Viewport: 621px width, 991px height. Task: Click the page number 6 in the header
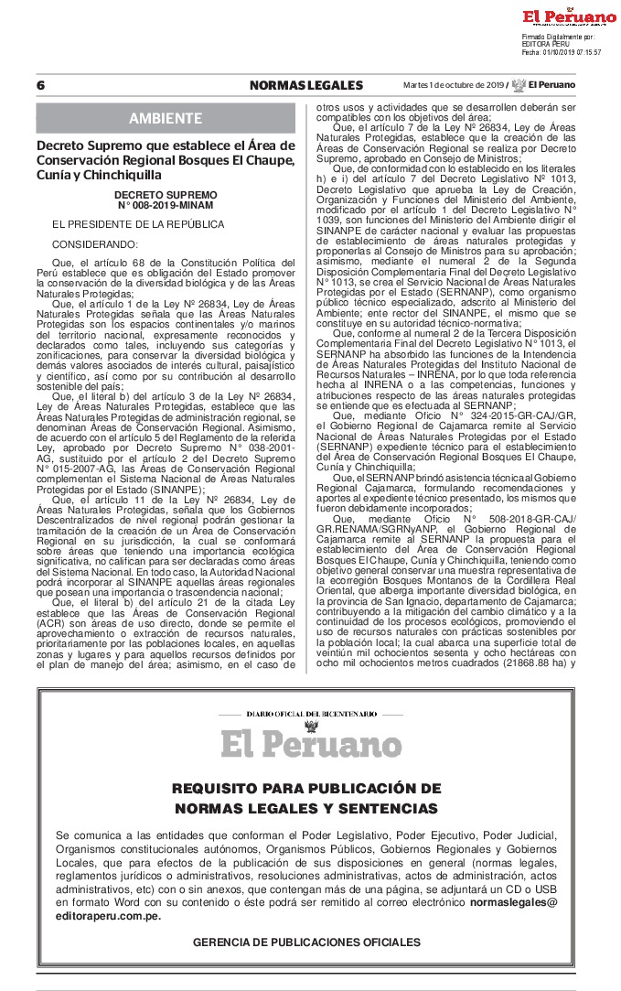[x=41, y=85]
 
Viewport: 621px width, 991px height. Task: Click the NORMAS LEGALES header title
[x=305, y=85]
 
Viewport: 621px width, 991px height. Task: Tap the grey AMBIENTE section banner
[x=166, y=119]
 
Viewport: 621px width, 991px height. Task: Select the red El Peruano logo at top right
[x=569, y=16]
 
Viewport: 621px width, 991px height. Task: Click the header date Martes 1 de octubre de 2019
[x=453, y=85]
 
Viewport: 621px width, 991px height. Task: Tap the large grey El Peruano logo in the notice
[x=311, y=744]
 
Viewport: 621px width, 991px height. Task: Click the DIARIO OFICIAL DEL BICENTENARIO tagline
[x=311, y=713]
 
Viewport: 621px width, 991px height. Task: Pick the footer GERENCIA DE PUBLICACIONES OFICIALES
[x=306, y=942]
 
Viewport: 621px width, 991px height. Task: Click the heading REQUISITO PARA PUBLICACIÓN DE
[x=306, y=789]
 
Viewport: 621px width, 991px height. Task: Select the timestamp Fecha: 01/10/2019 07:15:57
[x=561, y=52]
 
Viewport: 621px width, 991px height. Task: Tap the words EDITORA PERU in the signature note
[x=547, y=44]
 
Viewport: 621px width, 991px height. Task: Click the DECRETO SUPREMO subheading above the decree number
[x=166, y=195]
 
